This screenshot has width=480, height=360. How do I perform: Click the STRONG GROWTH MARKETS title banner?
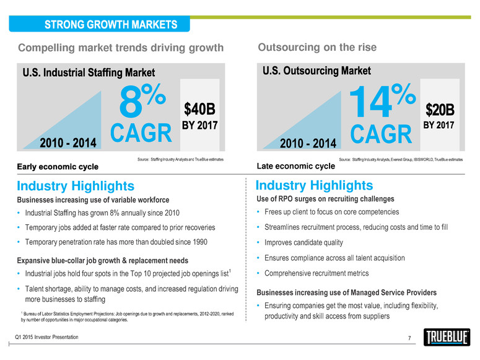[109, 25]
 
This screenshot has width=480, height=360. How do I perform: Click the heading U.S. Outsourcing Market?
[318, 70]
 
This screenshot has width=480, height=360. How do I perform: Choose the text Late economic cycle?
[295, 166]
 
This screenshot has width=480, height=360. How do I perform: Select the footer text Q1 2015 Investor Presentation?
[47, 336]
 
